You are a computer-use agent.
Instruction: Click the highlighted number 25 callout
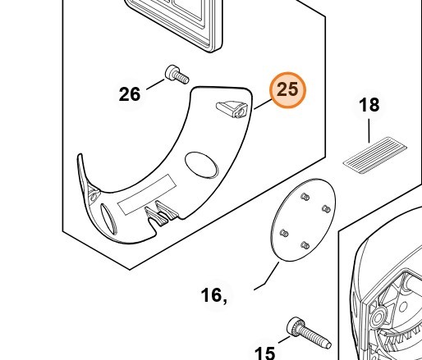(x=287, y=90)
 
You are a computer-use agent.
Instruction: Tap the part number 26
(x=130, y=94)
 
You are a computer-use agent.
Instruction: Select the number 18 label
(x=369, y=105)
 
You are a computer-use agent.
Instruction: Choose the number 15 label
(x=264, y=353)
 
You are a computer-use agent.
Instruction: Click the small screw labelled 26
(x=177, y=75)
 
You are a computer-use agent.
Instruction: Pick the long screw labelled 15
(x=309, y=333)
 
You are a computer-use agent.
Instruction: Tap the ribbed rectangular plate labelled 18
(x=375, y=155)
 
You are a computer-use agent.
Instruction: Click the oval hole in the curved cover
(x=201, y=165)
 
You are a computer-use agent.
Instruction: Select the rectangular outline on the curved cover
(x=147, y=194)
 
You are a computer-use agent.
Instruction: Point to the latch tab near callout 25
(x=232, y=109)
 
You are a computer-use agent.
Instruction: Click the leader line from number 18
(x=369, y=130)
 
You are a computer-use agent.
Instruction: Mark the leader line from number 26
(x=155, y=84)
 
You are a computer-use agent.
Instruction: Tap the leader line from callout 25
(x=263, y=104)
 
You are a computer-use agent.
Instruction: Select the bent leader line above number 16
(x=267, y=276)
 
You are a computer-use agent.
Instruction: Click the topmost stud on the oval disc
(x=305, y=197)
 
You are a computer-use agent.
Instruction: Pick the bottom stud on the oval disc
(x=305, y=245)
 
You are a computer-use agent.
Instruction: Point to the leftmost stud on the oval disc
(x=284, y=234)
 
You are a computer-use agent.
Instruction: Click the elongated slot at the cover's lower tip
(x=108, y=219)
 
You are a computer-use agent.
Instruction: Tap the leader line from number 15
(x=284, y=339)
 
